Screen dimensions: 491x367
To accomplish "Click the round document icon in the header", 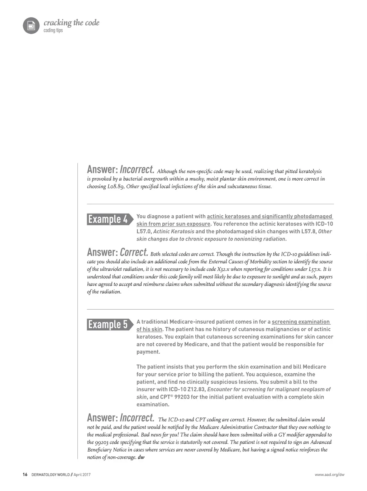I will pos(31,25).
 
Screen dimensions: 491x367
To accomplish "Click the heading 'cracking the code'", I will pos(71,23).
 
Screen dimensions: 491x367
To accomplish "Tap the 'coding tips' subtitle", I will pos(53,30).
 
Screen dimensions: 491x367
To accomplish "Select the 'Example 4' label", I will pos(108,219).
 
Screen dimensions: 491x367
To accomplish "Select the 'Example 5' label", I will pos(108,324).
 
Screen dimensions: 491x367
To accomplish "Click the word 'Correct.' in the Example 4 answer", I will pos(134,252).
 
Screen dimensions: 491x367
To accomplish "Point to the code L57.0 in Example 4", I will pos(144,232).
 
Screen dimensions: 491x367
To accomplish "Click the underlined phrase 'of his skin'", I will pos(149,329).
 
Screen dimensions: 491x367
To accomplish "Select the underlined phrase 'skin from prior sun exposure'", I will pos(173,224).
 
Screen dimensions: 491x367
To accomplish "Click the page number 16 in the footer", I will pos(25,475).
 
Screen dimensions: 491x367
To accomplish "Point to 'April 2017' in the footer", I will pos(82,475).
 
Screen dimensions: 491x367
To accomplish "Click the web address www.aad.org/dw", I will pos(329,475).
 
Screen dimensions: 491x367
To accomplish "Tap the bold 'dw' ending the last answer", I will pos(141,457).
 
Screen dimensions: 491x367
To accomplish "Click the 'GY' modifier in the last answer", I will pos(287,435).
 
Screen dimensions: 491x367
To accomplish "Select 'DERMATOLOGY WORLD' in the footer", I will pos(51,475).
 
